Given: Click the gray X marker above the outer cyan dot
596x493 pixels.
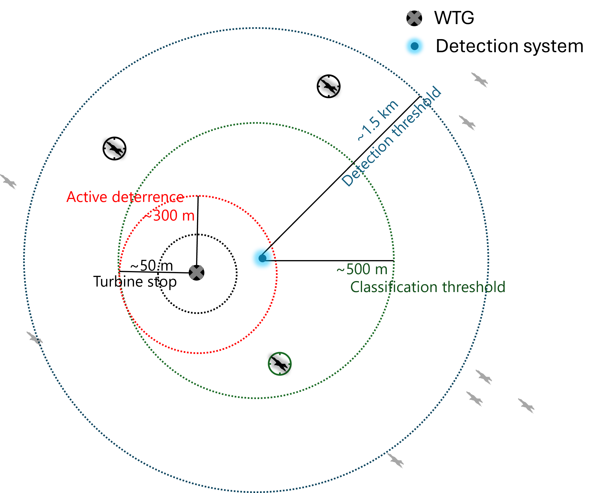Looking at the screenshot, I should [x=414, y=18].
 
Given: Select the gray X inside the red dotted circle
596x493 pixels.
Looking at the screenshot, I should [x=196, y=272].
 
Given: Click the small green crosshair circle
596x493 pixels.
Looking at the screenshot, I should [x=280, y=364].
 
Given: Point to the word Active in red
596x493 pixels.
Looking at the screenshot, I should [x=87, y=197].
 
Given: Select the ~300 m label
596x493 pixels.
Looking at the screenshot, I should [x=169, y=215].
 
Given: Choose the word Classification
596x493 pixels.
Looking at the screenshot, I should [x=394, y=287].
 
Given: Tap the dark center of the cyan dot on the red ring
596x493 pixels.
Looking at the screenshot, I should [x=262, y=258].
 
